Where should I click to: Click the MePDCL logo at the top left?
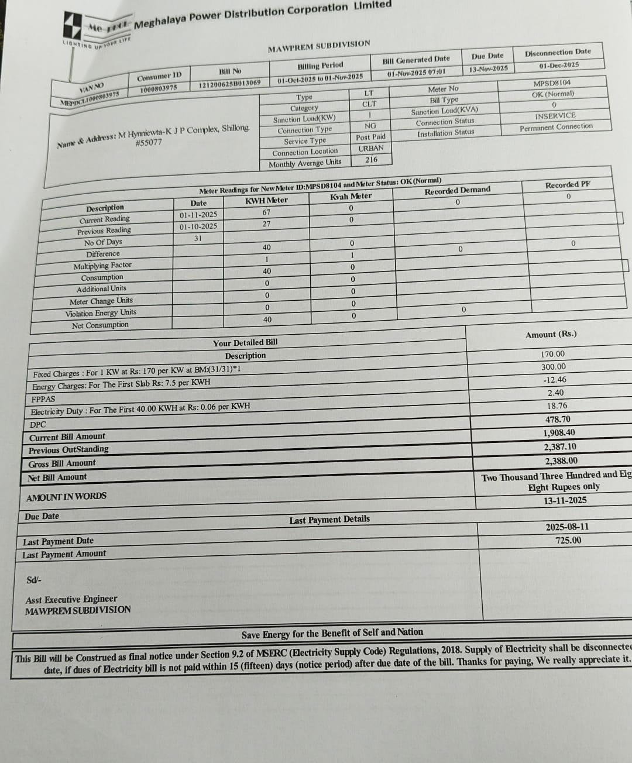click(x=75, y=25)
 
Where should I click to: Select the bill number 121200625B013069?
click(x=229, y=84)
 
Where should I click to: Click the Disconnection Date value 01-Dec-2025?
click(x=559, y=65)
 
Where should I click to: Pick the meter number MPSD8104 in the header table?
click(x=552, y=83)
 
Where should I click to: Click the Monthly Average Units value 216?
click(x=372, y=160)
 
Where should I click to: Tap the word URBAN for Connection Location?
click(x=371, y=149)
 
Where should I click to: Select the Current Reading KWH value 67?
click(x=266, y=212)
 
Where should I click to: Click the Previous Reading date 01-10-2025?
click(x=198, y=226)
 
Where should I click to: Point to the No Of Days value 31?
click(x=198, y=239)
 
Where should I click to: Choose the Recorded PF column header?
click(x=568, y=185)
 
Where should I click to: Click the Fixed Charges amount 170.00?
click(x=552, y=354)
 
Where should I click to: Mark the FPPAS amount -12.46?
click(x=554, y=380)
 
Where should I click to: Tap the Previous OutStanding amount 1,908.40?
click(x=559, y=433)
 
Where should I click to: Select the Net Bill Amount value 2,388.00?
click(x=561, y=461)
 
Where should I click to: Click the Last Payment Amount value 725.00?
click(x=568, y=540)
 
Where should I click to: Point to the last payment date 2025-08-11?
click(x=567, y=527)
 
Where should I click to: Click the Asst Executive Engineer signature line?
click(x=71, y=599)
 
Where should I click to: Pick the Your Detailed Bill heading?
click(x=245, y=343)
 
